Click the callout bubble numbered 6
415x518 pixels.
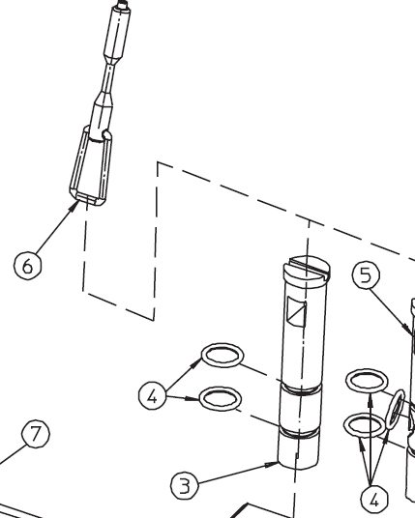click(x=28, y=265)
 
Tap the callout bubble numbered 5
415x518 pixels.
click(x=366, y=274)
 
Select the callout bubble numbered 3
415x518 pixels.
click(x=185, y=485)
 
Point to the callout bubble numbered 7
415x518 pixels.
click(x=36, y=433)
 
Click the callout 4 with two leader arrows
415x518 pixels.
click(x=153, y=395)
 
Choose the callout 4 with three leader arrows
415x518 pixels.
click(x=374, y=500)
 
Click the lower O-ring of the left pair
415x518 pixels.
click(x=200, y=398)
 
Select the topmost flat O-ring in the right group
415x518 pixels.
click(x=347, y=381)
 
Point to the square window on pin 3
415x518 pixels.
click(x=297, y=311)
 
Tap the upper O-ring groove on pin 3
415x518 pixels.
click(x=300, y=388)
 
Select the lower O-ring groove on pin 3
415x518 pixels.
click(x=299, y=433)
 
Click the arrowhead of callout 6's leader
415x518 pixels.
click(x=74, y=206)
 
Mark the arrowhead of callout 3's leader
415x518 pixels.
click(x=272, y=465)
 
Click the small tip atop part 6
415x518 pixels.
click(x=123, y=4)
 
